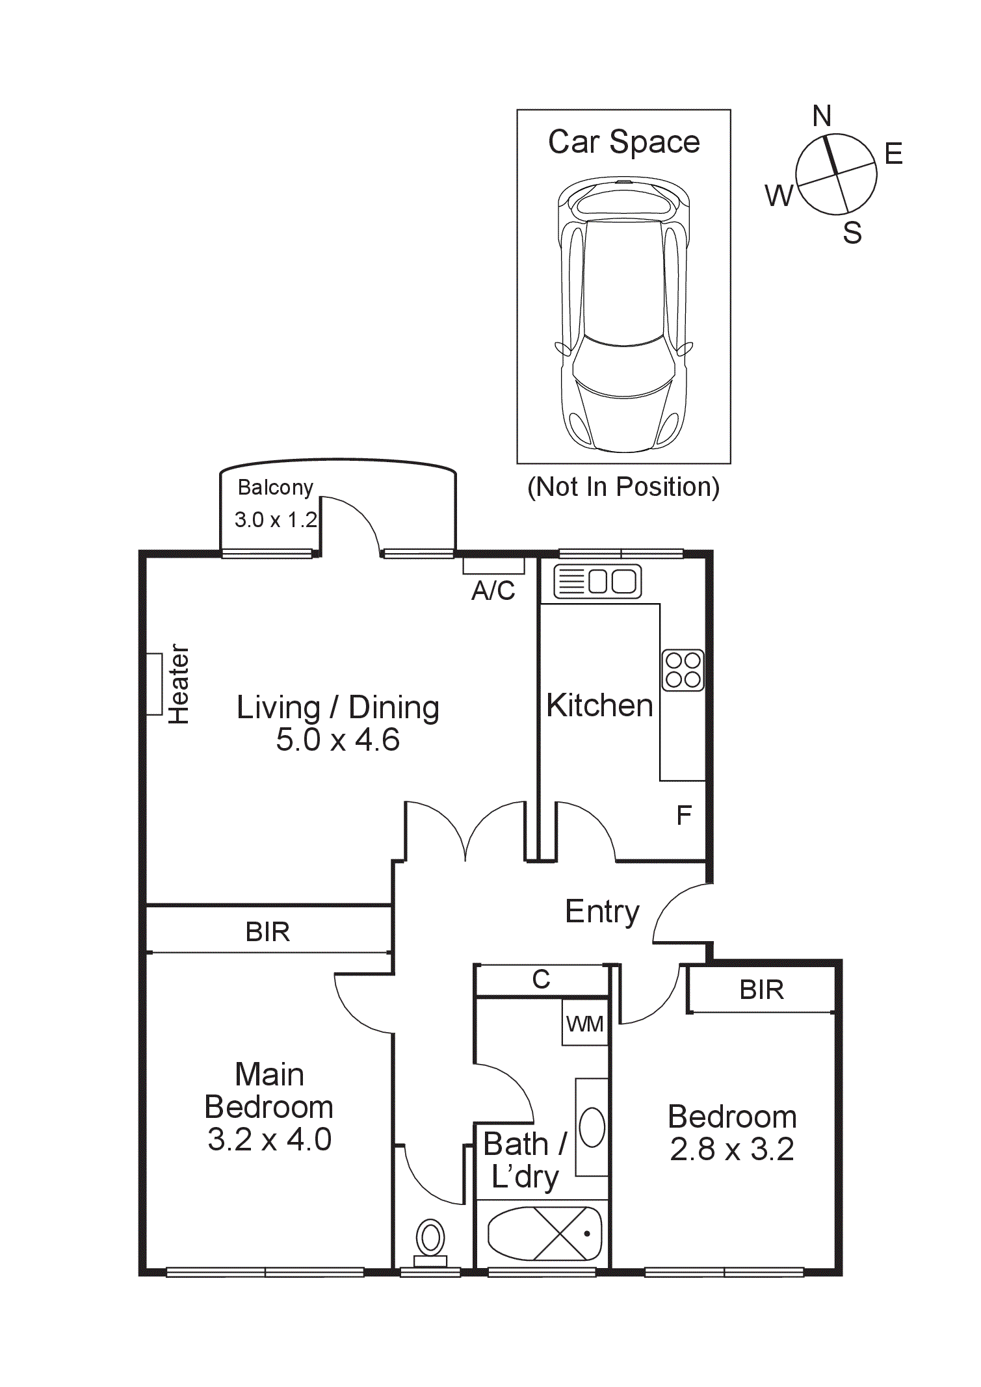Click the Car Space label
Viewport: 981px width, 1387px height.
tap(623, 142)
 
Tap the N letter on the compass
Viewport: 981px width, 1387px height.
tap(822, 116)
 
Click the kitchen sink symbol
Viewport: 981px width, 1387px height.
tap(597, 581)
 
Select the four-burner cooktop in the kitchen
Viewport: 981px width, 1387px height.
tap(683, 670)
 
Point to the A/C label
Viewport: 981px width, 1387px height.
tap(493, 591)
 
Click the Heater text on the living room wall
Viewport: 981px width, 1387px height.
tap(179, 684)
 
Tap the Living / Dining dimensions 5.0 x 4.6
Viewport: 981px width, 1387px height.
tap(337, 740)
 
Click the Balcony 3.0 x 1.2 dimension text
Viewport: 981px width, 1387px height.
tap(276, 520)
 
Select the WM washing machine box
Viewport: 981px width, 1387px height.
tap(584, 1024)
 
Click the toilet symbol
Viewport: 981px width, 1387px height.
tap(430, 1241)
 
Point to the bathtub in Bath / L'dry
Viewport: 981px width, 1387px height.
tap(545, 1234)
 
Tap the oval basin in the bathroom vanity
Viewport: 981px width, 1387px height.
tap(592, 1128)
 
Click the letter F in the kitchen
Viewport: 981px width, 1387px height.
tap(683, 815)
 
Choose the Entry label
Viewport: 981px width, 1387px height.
tap(602, 912)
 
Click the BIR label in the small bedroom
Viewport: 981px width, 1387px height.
tap(761, 990)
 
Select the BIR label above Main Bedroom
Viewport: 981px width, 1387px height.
tap(267, 932)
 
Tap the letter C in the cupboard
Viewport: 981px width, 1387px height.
tap(541, 979)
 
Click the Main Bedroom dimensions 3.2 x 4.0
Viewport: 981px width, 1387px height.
tap(269, 1139)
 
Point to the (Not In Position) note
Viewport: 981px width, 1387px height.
tap(623, 487)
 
